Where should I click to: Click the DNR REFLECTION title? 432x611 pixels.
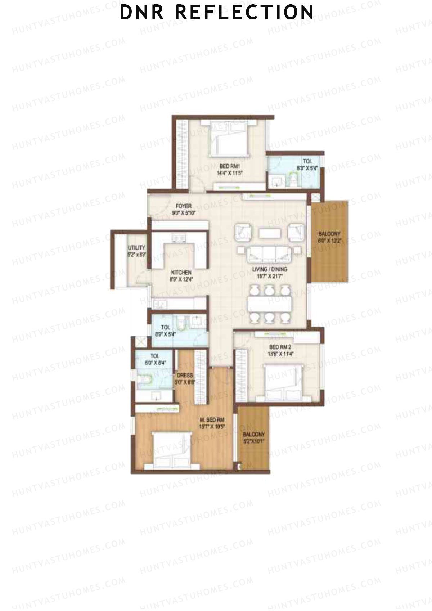click(x=216, y=12)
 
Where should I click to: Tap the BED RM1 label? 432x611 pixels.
click(x=230, y=166)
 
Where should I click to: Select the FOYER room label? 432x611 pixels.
click(x=183, y=206)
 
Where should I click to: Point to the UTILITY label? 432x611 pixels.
click(x=137, y=248)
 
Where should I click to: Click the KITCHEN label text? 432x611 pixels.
click(x=181, y=273)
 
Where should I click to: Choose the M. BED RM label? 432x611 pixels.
click(x=212, y=420)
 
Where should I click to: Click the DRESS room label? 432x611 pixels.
click(x=185, y=375)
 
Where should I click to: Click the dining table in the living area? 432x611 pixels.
click(x=270, y=304)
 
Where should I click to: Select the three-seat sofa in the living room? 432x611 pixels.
click(x=269, y=255)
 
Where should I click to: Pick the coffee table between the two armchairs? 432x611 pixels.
click(x=269, y=233)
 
